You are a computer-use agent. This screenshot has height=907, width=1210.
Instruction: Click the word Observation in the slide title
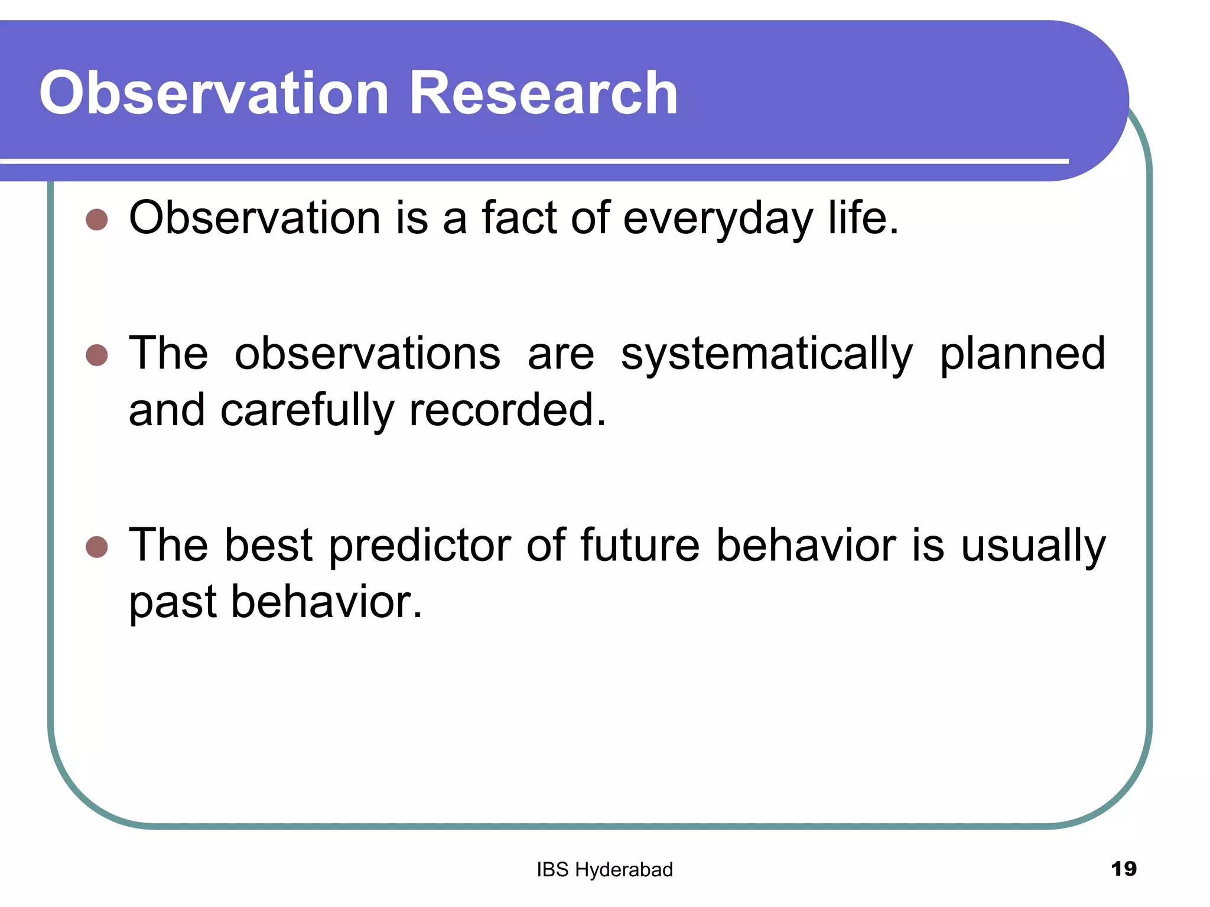click(213, 93)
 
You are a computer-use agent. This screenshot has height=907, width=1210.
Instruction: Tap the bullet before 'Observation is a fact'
click(97, 220)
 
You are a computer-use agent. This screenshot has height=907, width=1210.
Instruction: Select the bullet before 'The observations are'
click(97, 355)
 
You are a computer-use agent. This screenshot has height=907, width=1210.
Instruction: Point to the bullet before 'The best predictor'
click(97, 547)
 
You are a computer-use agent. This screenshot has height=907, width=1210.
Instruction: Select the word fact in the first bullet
click(519, 217)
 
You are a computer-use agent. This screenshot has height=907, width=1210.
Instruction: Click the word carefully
click(307, 411)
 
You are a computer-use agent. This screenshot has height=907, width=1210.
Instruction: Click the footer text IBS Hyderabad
click(604, 870)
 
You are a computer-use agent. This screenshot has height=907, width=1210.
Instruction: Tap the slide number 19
click(1123, 869)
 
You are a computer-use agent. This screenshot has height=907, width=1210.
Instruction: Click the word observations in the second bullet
click(367, 354)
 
